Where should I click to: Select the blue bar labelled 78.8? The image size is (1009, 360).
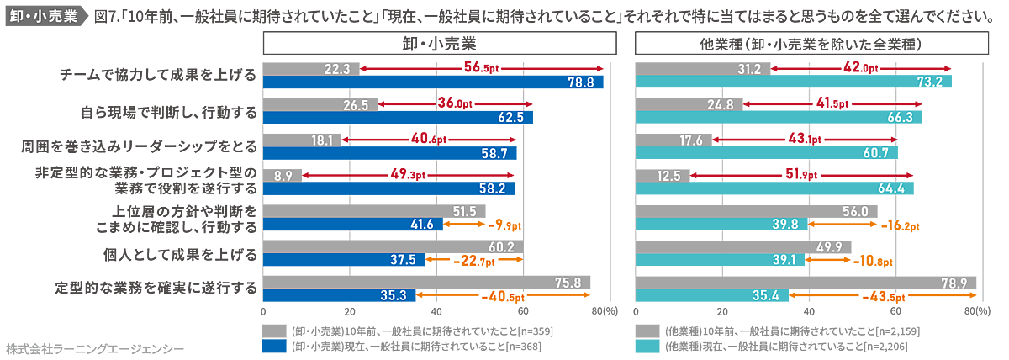433,82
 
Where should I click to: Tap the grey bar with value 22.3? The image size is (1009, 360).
311,68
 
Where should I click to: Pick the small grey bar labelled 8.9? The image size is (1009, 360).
283,175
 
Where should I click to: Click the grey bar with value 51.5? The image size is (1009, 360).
374,210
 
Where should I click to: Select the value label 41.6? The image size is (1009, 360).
422,225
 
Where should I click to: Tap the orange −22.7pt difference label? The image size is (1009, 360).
471,260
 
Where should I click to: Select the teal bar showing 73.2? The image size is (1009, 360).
794,82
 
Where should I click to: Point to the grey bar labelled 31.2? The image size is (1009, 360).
703,68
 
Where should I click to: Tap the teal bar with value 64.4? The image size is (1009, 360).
774,188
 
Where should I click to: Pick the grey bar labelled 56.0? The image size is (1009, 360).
757,210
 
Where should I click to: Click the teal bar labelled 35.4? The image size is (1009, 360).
712,295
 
